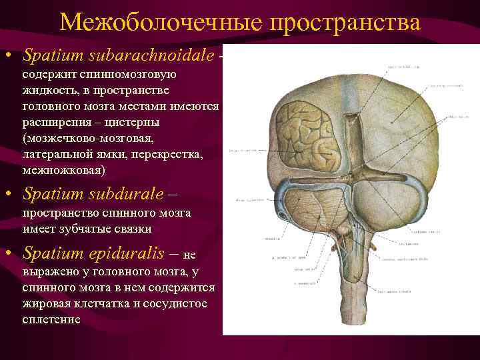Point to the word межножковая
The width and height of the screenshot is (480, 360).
tap(63, 171)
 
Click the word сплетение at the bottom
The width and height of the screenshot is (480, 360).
tap(51, 319)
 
